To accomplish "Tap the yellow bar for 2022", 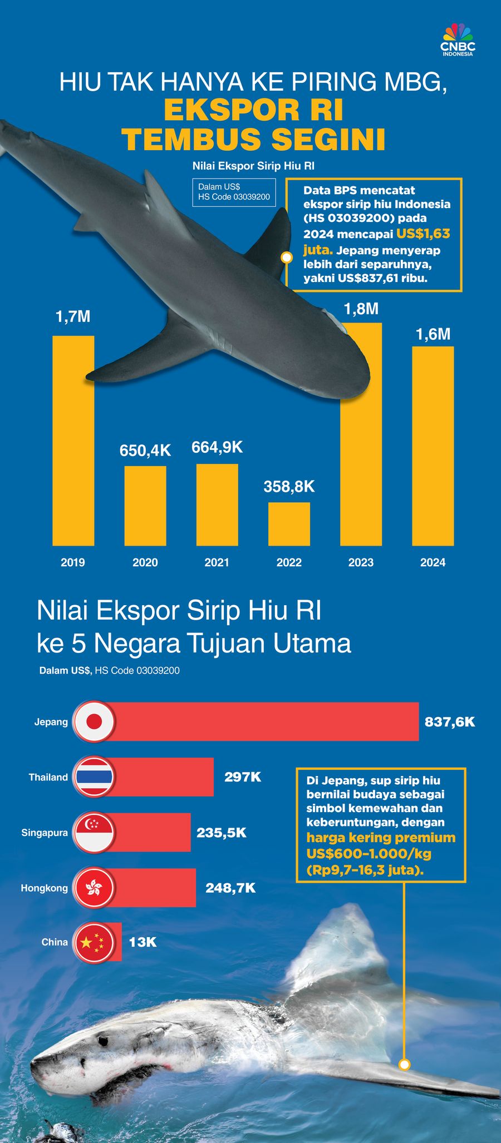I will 289,523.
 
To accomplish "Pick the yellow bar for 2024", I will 433,445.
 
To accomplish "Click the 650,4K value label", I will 145,451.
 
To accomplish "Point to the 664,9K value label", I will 217,447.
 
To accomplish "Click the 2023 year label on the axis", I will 361,562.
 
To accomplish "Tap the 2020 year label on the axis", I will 145,562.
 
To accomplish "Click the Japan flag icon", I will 94,721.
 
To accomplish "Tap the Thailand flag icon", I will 94,777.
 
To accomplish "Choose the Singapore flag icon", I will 94,833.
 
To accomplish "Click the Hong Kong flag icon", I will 94,888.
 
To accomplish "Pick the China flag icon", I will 94,942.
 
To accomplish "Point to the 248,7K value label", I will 230,888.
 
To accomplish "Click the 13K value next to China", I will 143,942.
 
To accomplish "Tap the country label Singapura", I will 45,833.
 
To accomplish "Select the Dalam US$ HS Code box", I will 234,192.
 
